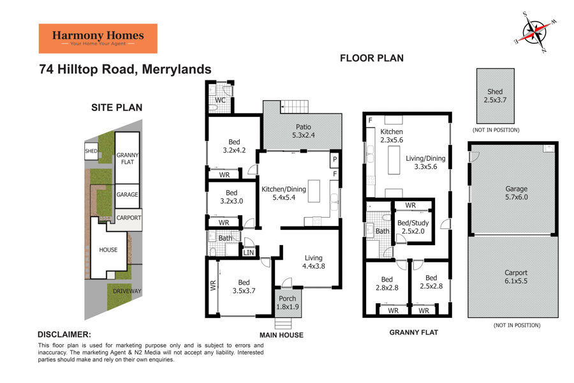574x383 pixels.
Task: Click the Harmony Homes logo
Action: click(98, 38)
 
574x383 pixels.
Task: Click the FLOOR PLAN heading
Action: click(372, 58)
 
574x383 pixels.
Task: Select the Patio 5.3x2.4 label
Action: click(304, 131)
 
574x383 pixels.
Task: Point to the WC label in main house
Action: click(220, 100)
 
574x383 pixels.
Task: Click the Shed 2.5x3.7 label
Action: click(495, 96)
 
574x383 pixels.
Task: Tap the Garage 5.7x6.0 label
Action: click(517, 193)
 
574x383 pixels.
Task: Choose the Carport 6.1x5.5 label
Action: click(516, 276)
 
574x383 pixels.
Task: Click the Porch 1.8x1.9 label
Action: click(288, 303)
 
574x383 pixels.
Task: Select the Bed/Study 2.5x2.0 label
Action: click(413, 227)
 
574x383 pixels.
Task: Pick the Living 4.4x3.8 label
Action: click(314, 262)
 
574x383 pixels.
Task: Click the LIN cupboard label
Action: click(249, 253)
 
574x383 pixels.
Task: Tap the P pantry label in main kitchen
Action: click(335, 160)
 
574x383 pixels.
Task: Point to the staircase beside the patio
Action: click(294, 107)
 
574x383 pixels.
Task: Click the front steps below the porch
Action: click(283, 324)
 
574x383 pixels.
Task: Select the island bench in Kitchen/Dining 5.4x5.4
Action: click(314, 191)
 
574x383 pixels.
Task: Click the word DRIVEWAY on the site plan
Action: click(127, 291)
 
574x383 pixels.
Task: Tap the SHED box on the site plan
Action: click(91, 151)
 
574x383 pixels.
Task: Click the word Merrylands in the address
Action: click(177, 70)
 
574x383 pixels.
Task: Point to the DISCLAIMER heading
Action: click(64, 334)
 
